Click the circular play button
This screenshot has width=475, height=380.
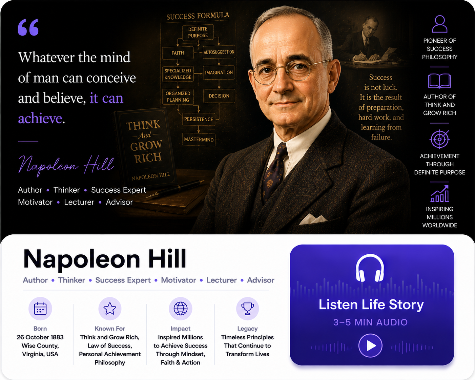point(370,345)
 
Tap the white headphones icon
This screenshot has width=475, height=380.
point(370,268)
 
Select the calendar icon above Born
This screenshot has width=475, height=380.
point(40,308)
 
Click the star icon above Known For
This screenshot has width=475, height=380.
point(110,308)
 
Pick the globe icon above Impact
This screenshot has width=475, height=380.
point(180,308)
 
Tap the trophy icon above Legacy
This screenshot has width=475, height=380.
point(247,308)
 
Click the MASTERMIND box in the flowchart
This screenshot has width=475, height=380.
point(199,140)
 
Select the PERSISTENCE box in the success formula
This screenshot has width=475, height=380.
point(199,119)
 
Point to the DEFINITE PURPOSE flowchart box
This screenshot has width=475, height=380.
point(198,32)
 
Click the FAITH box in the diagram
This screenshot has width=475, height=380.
point(178,53)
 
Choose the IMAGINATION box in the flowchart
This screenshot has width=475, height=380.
point(219,72)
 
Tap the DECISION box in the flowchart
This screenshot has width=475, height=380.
point(219,96)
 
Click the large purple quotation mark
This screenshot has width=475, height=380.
point(28,27)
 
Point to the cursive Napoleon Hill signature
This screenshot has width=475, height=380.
point(66,165)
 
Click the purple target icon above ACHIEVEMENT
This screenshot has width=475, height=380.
point(439,139)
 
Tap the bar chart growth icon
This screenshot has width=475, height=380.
point(439,193)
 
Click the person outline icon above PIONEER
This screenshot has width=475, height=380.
point(439,24)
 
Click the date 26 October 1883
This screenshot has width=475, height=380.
point(40,337)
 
